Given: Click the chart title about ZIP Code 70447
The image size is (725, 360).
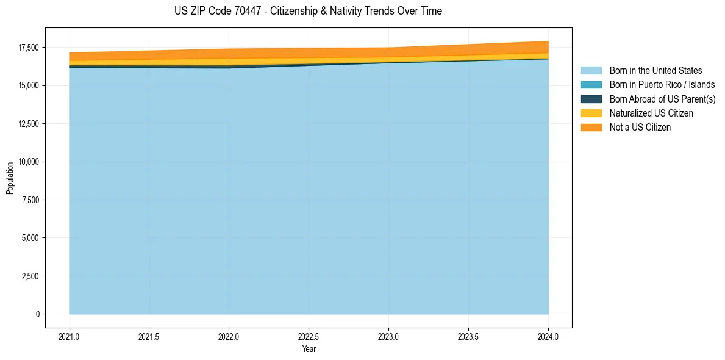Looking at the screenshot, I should [308, 11].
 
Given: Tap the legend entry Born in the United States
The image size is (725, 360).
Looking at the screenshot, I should [655, 71].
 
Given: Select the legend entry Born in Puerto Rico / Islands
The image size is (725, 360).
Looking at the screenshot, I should [662, 85].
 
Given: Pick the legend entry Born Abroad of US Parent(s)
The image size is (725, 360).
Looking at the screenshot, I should [662, 99].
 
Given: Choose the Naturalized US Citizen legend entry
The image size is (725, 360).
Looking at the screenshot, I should [651, 113].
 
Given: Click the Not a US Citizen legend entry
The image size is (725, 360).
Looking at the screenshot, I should [640, 127].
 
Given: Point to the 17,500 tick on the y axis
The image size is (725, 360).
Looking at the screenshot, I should [28, 48].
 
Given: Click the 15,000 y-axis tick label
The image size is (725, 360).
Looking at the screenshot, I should [28, 85].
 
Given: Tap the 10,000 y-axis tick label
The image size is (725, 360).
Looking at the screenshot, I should [28, 162].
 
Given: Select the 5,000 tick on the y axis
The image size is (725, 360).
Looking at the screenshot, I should [30, 238].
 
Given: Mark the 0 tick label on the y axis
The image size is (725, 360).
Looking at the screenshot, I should [37, 314].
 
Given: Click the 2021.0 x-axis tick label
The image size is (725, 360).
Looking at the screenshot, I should [69, 336].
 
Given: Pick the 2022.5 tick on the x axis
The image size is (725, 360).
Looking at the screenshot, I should [309, 336].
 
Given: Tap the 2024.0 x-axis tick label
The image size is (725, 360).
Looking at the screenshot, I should [548, 336].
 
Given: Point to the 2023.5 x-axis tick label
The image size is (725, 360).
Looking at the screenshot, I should [468, 336].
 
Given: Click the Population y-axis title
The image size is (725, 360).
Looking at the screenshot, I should [10, 178].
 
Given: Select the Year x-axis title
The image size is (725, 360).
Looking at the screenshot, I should [309, 349].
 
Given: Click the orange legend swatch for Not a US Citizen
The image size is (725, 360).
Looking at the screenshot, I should [591, 127].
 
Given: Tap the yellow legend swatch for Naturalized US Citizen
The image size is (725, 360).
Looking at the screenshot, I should [591, 113].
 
